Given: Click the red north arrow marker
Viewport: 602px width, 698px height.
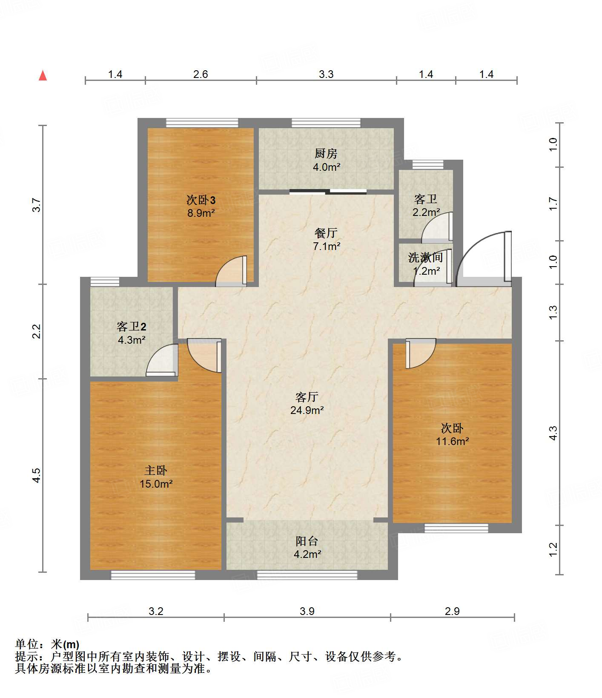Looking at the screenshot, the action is tap(43, 75).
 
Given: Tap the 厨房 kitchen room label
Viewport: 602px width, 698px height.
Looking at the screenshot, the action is tap(326, 153).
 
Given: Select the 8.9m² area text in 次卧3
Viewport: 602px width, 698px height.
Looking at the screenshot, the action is tap(201, 213).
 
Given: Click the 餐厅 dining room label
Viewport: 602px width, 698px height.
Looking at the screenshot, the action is tap(326, 233).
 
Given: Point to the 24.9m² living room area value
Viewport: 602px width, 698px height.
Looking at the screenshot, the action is tap(307, 410).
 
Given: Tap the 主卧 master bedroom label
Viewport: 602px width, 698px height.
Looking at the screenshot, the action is tap(156, 470).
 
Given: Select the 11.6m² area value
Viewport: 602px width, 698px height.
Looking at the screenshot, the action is tap(452, 441).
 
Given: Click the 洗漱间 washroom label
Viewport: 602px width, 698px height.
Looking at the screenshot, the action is tap(425, 257).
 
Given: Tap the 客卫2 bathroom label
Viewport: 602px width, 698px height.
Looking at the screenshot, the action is tap(132, 327).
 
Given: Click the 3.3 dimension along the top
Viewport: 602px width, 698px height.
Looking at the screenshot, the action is tap(326, 75).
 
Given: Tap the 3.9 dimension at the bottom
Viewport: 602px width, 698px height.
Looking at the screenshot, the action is tap(307, 612).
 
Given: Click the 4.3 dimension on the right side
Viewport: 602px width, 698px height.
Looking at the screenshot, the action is tap(553, 433).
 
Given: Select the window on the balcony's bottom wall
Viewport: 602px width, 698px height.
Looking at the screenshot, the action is tap(307, 575).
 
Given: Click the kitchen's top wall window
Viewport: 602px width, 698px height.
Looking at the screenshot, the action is tap(326, 123).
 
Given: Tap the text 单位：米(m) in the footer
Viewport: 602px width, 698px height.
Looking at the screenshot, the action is tap(47, 644).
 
